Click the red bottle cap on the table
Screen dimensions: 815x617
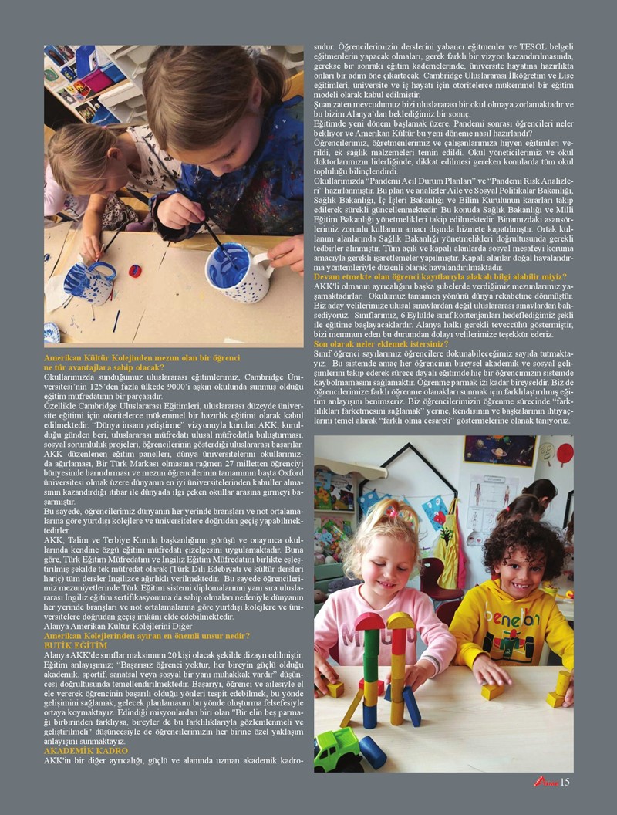(x=135, y=271)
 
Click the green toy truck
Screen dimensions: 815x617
(x=335, y=749)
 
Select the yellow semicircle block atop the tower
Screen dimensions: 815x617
(x=400, y=621)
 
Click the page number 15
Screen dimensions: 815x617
(x=565, y=781)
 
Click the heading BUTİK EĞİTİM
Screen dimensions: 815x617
(x=75, y=644)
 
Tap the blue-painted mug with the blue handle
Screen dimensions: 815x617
(x=87, y=282)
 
